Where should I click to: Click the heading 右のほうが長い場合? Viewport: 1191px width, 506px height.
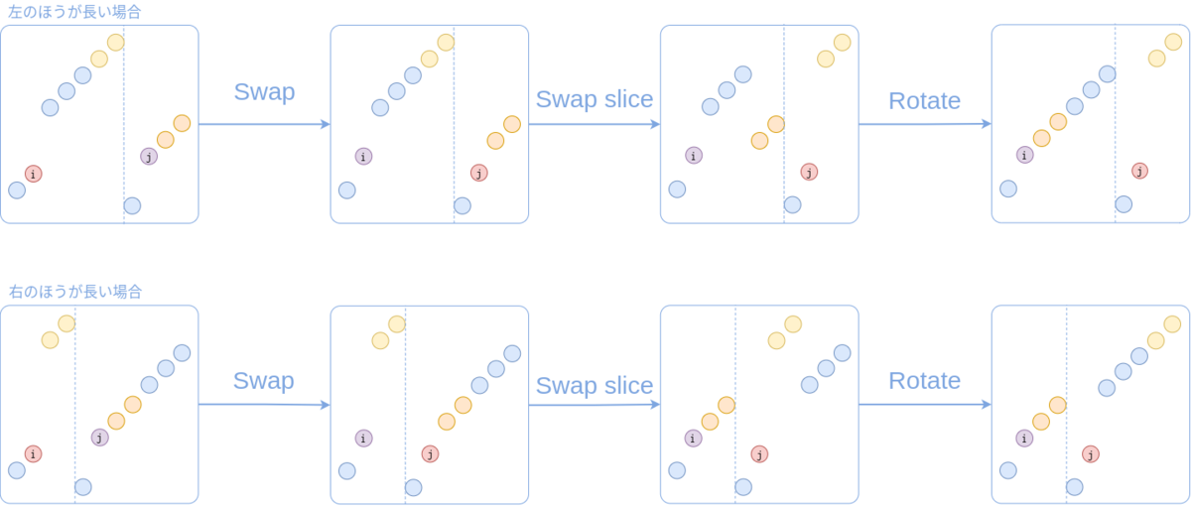(x=75, y=292)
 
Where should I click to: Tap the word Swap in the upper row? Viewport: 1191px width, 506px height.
(x=264, y=92)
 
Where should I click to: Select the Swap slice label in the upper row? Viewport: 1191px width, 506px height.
(x=595, y=99)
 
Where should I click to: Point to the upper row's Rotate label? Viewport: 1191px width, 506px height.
(x=924, y=100)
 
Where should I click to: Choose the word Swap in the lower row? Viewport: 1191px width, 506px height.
(x=264, y=380)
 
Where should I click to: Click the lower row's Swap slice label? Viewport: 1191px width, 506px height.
(x=595, y=385)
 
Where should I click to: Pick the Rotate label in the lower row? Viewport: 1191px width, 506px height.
(x=924, y=380)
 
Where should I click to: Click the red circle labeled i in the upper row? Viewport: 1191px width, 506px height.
(x=33, y=174)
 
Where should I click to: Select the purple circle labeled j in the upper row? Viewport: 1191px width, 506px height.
(x=149, y=156)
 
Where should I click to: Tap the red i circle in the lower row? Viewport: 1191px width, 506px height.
(x=33, y=453)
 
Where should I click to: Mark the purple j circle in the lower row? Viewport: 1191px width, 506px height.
(x=99, y=437)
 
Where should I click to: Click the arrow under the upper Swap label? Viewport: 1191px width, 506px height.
(x=264, y=124)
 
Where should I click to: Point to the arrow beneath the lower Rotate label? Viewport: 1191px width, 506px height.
(x=924, y=404)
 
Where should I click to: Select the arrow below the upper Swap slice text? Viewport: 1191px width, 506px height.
(x=595, y=124)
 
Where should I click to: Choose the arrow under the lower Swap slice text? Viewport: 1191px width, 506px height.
(x=595, y=404)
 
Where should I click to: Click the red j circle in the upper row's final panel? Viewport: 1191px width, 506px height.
(x=1139, y=171)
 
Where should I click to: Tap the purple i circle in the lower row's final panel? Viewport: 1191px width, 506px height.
(x=1024, y=437)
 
